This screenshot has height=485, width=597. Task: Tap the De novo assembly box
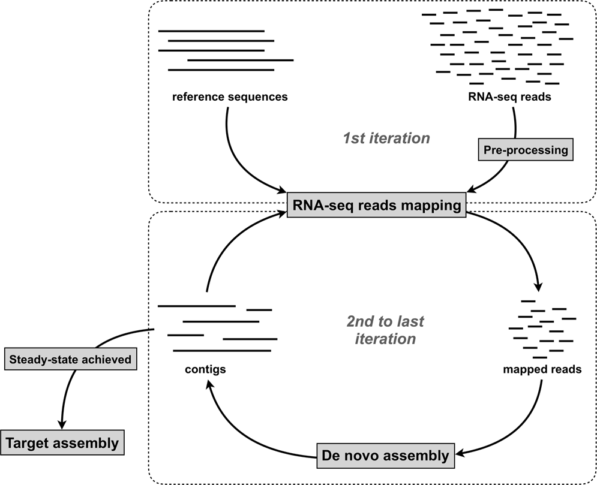point(384,456)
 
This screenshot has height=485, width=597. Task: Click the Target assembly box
point(62,444)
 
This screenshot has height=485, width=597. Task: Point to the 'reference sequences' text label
point(230,97)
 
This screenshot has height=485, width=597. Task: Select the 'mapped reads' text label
point(542,369)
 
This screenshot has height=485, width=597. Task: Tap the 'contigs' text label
point(206,369)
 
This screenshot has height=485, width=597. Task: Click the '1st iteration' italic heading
point(386,138)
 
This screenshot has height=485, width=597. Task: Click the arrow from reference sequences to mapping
point(240,162)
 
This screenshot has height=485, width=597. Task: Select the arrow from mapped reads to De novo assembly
point(528,432)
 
